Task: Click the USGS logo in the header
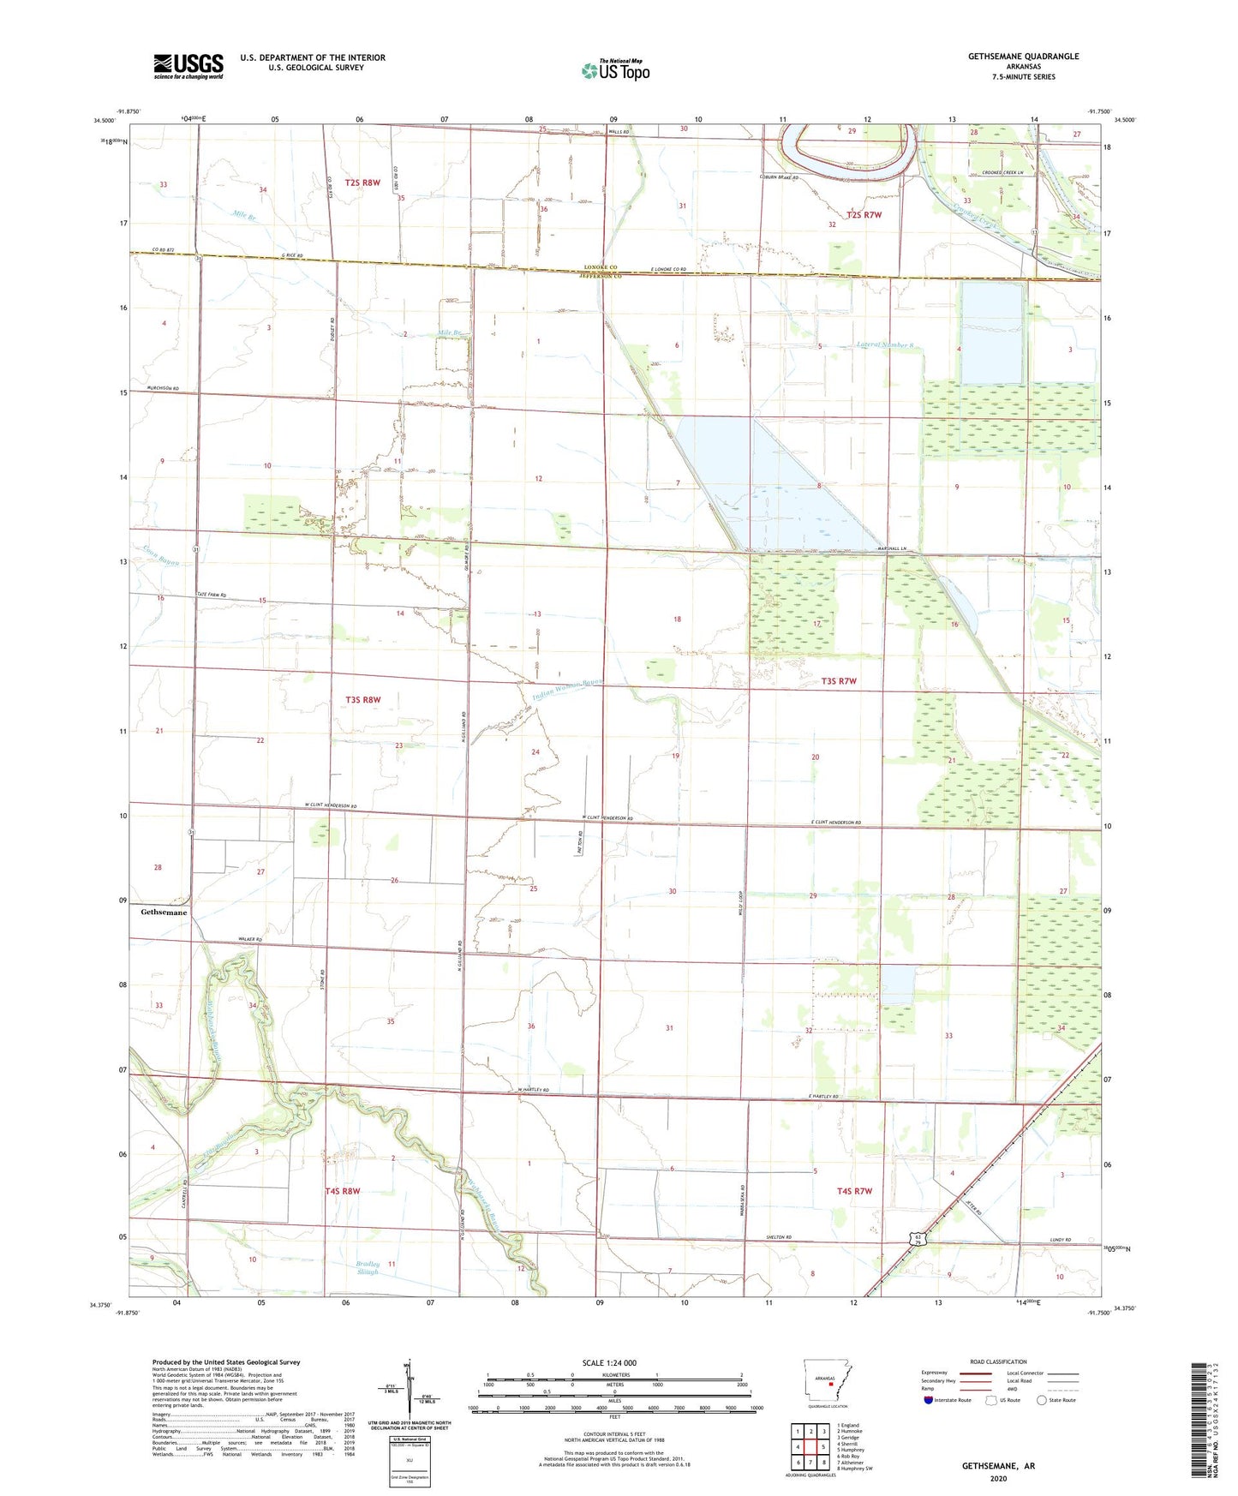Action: click(x=188, y=65)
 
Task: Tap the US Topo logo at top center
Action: click(x=615, y=69)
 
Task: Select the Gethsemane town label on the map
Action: click(x=164, y=913)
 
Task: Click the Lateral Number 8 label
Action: click(x=885, y=345)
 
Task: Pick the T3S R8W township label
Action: click(x=362, y=700)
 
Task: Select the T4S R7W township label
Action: click(x=854, y=1192)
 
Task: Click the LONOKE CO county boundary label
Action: click(x=601, y=267)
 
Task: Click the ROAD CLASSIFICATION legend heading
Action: click(x=998, y=1361)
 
